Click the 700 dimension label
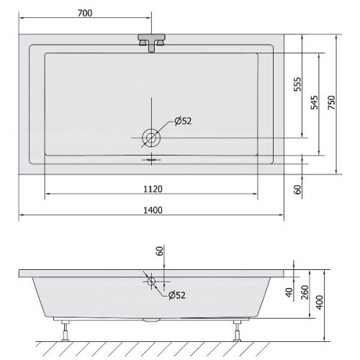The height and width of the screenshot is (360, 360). point(85,13)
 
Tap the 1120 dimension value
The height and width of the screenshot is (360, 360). point(153,189)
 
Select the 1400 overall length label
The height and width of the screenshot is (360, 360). point(153,210)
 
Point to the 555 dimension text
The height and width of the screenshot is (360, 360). point(297,84)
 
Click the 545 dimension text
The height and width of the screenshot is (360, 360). point(314,102)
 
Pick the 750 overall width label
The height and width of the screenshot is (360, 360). point(331,102)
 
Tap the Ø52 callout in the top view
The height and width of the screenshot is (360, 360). point(183,121)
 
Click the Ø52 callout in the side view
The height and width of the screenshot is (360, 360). point(177,295)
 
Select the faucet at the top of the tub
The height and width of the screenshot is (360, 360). point(151,42)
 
